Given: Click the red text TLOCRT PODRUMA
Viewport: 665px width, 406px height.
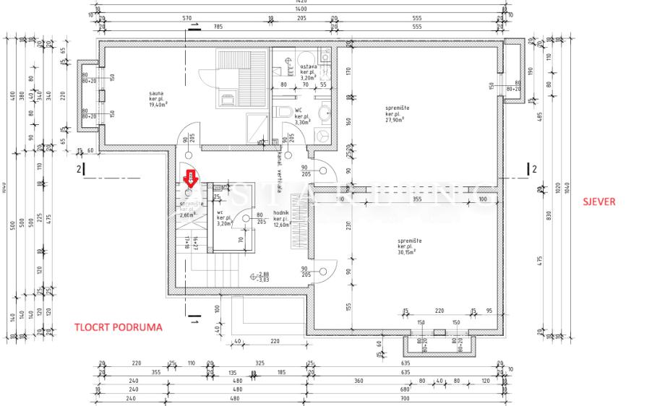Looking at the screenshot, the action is (119, 327).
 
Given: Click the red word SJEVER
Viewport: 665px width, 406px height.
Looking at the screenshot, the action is (599, 202).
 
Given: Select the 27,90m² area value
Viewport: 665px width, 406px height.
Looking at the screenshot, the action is (394, 120).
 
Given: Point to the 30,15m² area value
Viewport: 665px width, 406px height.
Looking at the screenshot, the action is (410, 252).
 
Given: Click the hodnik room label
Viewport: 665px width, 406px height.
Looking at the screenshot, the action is (281, 213).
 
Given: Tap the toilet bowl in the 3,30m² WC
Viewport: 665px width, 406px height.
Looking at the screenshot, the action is (285, 111).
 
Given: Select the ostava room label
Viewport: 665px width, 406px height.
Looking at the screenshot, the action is (309, 66).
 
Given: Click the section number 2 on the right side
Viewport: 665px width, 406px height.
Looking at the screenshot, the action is (535, 169).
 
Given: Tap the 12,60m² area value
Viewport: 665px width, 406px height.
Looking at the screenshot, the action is (281, 224).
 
